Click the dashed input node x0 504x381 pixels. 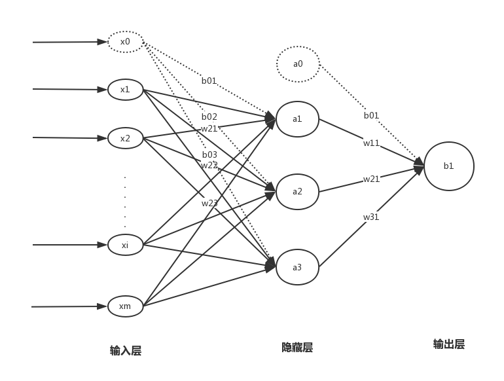tap(125, 42)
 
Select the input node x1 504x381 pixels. tap(125, 90)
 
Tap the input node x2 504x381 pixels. tap(125, 138)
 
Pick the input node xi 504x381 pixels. tap(125, 245)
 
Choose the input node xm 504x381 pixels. tap(125, 306)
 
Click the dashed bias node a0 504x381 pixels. tap(298, 64)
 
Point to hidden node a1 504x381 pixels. tap(298, 119)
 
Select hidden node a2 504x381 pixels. tap(298, 192)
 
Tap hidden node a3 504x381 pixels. tap(298, 267)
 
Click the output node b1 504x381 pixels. tap(448, 166)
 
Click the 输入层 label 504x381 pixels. tap(125, 350)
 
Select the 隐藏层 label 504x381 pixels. tap(297, 348)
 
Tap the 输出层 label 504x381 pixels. tap(449, 344)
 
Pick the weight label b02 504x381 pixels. tap(209, 117)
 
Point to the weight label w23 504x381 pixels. tap(209, 204)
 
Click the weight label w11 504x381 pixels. tap(371, 143)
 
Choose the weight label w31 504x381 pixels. tap(371, 217)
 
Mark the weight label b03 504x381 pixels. tap(209, 154)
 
